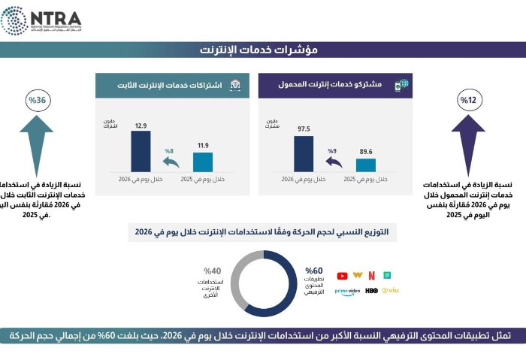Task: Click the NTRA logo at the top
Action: (x=41, y=20)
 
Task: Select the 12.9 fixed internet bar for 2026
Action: (x=141, y=151)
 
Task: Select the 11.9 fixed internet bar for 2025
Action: (x=203, y=162)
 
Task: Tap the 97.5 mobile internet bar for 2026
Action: (x=304, y=153)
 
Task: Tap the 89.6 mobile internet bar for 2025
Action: (x=366, y=165)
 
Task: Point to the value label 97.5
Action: (x=304, y=129)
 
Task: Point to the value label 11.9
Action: (x=203, y=145)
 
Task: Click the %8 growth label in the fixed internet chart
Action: (x=169, y=150)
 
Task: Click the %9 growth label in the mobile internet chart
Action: (x=332, y=150)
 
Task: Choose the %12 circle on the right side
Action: (x=468, y=100)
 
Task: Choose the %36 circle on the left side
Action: (x=37, y=100)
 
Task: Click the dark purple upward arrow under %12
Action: (x=468, y=143)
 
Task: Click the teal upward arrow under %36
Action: (x=36, y=143)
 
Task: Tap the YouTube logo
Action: (x=343, y=276)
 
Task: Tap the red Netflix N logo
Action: (x=371, y=276)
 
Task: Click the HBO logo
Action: (x=371, y=290)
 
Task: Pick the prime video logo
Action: (x=345, y=291)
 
